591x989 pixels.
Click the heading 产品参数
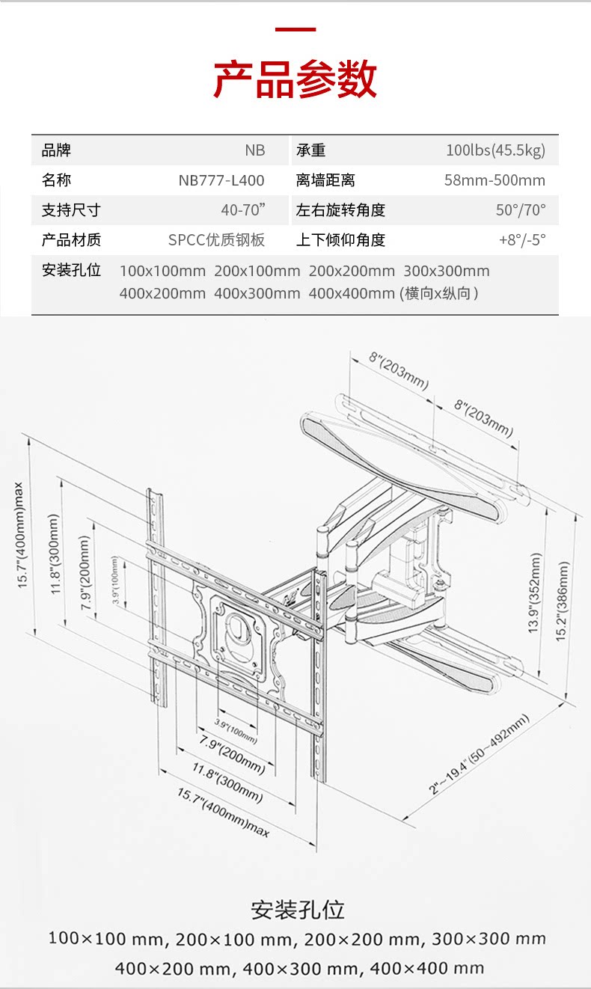point(295,80)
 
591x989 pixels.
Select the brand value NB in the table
point(254,150)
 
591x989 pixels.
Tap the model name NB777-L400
point(221,180)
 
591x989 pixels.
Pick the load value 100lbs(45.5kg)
point(495,150)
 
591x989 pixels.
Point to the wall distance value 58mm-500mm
point(494,180)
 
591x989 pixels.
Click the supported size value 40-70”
point(243,210)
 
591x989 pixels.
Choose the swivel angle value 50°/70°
point(521,210)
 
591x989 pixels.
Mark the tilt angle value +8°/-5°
point(522,240)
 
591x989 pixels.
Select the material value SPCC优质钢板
point(216,240)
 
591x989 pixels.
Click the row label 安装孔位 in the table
point(71,270)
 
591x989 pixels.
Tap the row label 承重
point(311,150)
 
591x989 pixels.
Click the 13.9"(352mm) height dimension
point(535,594)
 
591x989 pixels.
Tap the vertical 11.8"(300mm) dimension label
point(54,554)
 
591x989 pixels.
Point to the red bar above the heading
point(295,30)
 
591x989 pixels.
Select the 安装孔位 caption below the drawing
point(298,910)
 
